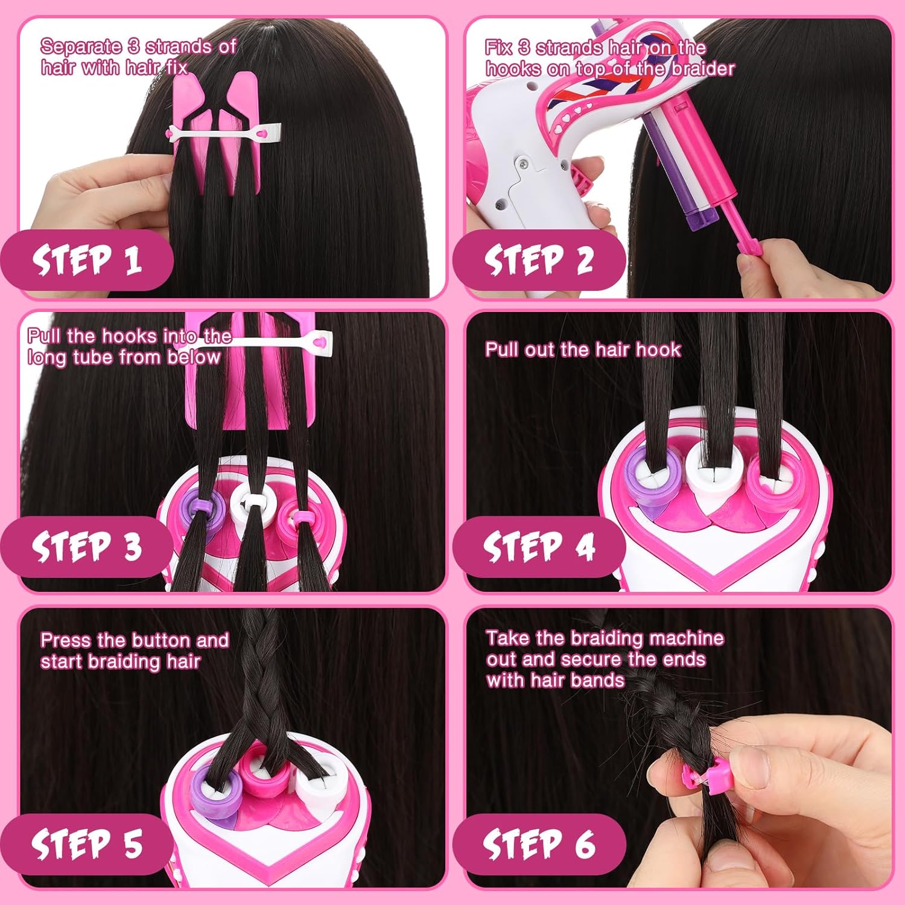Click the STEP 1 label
[x=87, y=260]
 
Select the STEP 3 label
[x=87, y=547]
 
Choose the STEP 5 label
[x=87, y=843]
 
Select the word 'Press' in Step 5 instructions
[x=65, y=640]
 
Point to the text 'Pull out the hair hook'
[x=583, y=349]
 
